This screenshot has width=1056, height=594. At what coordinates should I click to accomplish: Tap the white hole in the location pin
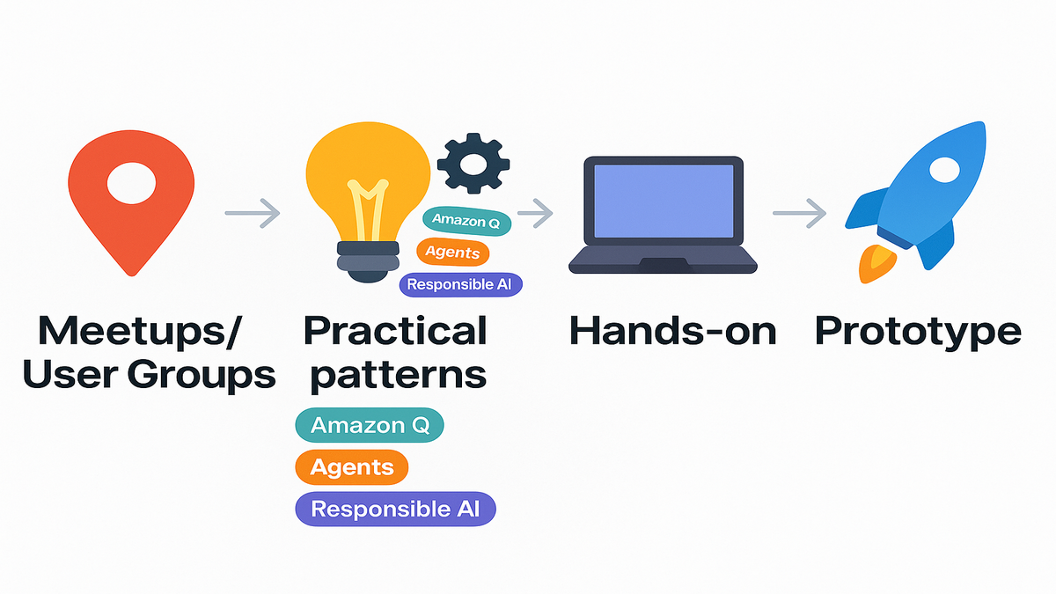tap(131, 183)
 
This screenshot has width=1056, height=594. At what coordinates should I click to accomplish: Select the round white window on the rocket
tap(943, 171)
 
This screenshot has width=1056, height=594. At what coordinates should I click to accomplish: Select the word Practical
tap(395, 331)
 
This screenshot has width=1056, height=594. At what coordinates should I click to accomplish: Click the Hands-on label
tap(673, 331)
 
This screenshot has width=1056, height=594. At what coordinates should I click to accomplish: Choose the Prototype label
tap(918, 331)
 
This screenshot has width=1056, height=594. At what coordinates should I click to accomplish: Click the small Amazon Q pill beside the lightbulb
tap(466, 221)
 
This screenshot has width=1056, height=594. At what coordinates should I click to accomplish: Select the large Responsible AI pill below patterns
tap(395, 509)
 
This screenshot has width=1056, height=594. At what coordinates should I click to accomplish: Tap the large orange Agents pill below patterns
tap(352, 467)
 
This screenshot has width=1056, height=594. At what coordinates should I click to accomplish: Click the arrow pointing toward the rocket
tap(800, 212)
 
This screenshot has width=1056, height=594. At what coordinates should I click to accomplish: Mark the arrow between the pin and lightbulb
tap(253, 212)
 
